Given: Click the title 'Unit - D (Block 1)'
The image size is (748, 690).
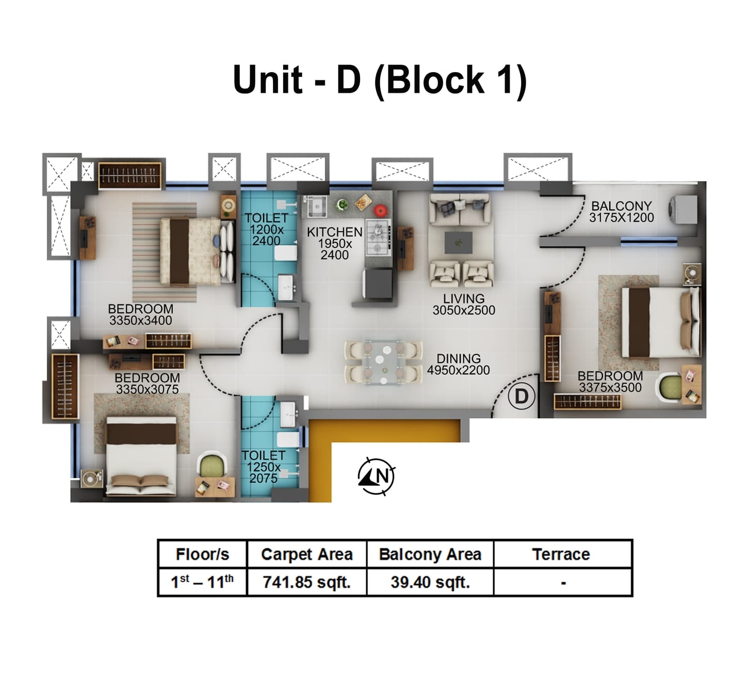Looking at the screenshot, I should (379, 80).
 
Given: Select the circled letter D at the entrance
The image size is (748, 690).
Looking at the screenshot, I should (522, 397).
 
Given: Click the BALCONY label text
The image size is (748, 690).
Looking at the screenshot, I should (621, 206).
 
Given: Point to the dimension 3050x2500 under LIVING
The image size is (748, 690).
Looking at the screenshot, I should (463, 310).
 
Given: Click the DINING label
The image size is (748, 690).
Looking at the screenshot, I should (458, 358).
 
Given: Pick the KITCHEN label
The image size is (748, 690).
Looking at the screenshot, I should (334, 233).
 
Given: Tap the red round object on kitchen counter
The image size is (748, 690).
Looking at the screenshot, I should (380, 209).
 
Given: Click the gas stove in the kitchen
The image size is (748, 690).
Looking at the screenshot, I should (378, 238).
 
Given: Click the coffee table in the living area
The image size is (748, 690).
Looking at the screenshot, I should (459, 242).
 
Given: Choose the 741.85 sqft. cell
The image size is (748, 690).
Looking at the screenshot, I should (306, 582).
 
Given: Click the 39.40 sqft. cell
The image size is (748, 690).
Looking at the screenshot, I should (430, 582).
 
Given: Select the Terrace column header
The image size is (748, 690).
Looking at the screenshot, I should (561, 554).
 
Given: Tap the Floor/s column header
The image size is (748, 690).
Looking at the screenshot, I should (202, 554).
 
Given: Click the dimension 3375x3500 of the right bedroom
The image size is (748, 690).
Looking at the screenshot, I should (610, 388).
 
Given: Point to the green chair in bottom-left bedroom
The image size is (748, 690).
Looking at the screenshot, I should (212, 466).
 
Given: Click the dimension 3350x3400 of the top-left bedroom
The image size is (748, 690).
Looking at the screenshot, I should (140, 321).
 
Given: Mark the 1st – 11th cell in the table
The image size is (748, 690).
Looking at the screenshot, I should (202, 582).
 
